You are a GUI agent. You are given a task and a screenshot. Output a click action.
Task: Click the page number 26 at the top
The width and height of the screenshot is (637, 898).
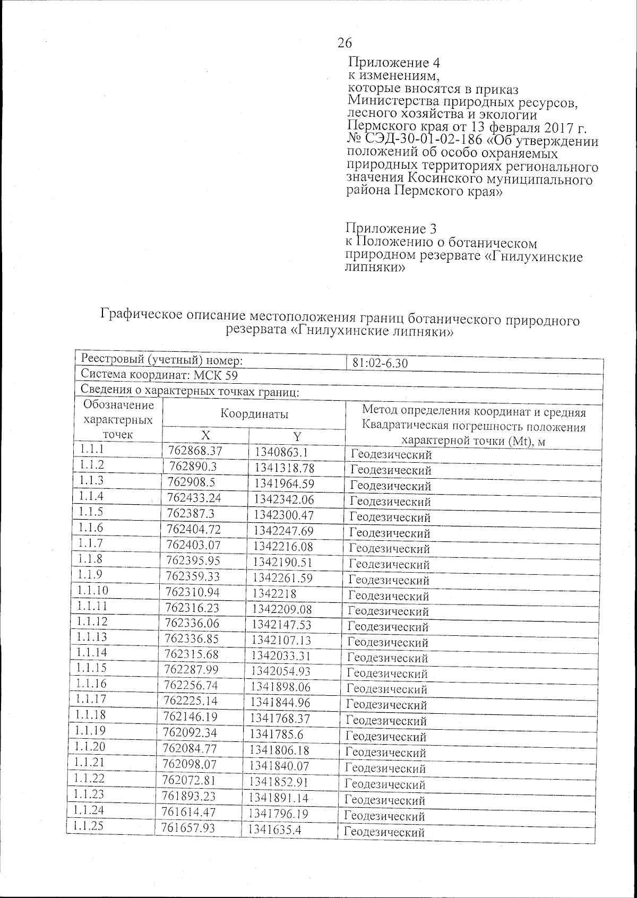tap(345, 43)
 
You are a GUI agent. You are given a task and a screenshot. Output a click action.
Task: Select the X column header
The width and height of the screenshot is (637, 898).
tap(205, 435)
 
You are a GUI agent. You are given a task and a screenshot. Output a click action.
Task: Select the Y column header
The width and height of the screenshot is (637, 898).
tap(297, 436)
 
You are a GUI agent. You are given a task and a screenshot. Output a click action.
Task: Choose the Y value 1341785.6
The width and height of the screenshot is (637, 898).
tap(277, 735)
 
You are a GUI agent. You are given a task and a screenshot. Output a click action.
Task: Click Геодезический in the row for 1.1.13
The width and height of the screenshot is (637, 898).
tap(388, 642)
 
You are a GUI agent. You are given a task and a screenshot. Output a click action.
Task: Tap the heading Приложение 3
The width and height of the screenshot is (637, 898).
tap(391, 229)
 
